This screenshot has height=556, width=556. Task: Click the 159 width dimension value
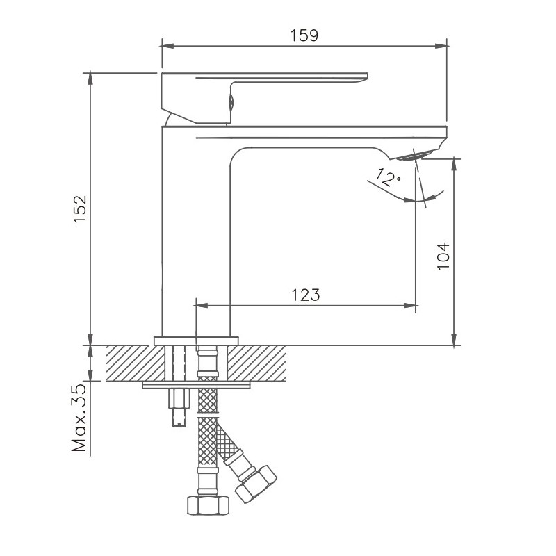(304, 35)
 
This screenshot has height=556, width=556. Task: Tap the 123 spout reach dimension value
(306, 295)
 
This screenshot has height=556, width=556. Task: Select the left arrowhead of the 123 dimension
(202, 304)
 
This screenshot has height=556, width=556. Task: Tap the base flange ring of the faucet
(196, 340)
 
